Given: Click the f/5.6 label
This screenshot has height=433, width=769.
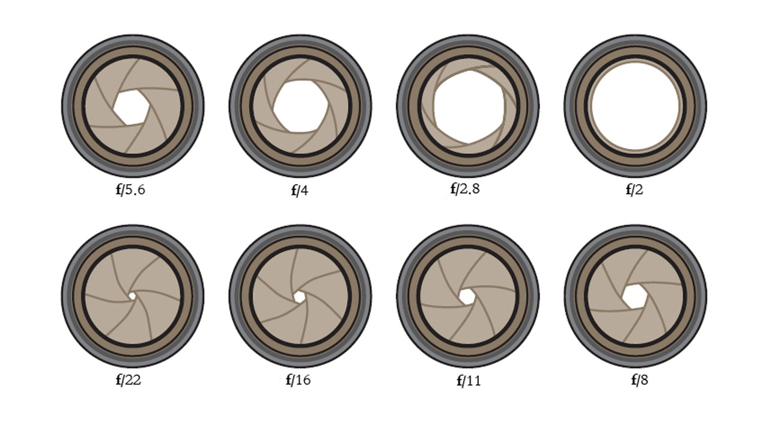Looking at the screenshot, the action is [x=130, y=189].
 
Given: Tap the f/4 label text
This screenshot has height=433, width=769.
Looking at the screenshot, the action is [x=300, y=190].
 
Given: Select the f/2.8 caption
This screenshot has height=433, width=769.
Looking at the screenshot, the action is [x=465, y=189].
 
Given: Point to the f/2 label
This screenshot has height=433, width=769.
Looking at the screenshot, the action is [x=634, y=189].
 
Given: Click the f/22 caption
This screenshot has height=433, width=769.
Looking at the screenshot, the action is [x=129, y=380].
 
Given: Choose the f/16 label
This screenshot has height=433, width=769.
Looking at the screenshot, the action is [x=298, y=380].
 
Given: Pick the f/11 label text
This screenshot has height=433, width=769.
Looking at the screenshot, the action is [x=469, y=381].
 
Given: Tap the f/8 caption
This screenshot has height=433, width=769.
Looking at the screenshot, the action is [x=640, y=380].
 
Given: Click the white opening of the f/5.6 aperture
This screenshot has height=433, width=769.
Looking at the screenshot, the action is [x=131, y=107].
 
